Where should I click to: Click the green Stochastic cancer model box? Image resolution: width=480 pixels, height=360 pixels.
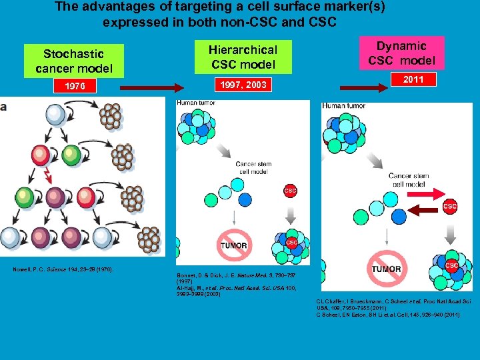point(74,61)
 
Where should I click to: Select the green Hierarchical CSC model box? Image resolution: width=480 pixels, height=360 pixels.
point(243,57)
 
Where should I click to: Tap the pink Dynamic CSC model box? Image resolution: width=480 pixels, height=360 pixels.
point(401,53)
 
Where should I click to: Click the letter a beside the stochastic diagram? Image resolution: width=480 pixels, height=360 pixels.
point(3,107)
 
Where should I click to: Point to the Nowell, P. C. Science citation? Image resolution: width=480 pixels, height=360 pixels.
point(63,269)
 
